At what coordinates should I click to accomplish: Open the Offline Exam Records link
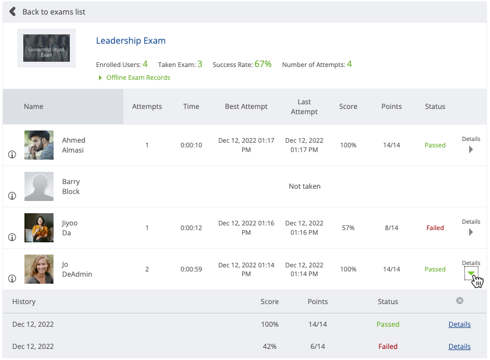(138, 77)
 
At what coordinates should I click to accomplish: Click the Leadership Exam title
(131, 41)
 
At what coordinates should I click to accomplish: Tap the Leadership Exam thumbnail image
(47, 48)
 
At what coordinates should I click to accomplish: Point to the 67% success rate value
(263, 64)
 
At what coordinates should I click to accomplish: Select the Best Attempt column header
(246, 107)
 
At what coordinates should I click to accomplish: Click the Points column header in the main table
(392, 107)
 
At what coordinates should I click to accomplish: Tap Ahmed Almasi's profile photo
(39, 145)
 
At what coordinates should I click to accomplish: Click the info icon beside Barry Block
(12, 196)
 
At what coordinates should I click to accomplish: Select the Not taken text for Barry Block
(304, 186)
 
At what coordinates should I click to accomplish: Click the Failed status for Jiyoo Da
(435, 228)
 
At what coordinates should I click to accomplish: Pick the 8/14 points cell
(392, 228)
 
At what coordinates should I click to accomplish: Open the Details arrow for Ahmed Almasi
(471, 149)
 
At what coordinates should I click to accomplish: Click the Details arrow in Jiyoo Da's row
(471, 232)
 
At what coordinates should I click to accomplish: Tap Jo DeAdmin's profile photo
(39, 269)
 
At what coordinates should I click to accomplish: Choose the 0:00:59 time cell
(191, 269)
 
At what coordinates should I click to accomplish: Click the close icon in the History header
(460, 301)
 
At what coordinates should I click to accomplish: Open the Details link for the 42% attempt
(459, 346)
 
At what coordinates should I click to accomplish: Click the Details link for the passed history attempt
(459, 324)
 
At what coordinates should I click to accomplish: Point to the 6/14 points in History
(317, 346)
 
